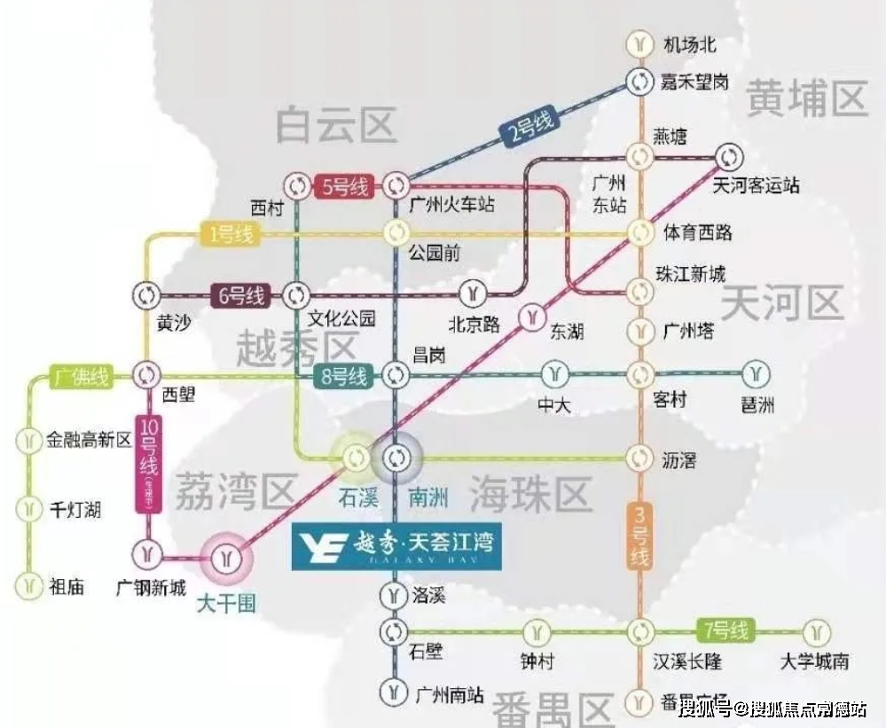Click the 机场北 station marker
pos(639,43)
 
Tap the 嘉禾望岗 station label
pos(694,82)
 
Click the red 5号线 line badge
pos(341,187)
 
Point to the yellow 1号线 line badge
pos(231,235)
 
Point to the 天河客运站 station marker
pos(728,157)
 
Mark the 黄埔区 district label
pos(806,98)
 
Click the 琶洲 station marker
pos(757,373)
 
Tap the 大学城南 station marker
pos(816,632)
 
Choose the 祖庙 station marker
pos(30,585)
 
